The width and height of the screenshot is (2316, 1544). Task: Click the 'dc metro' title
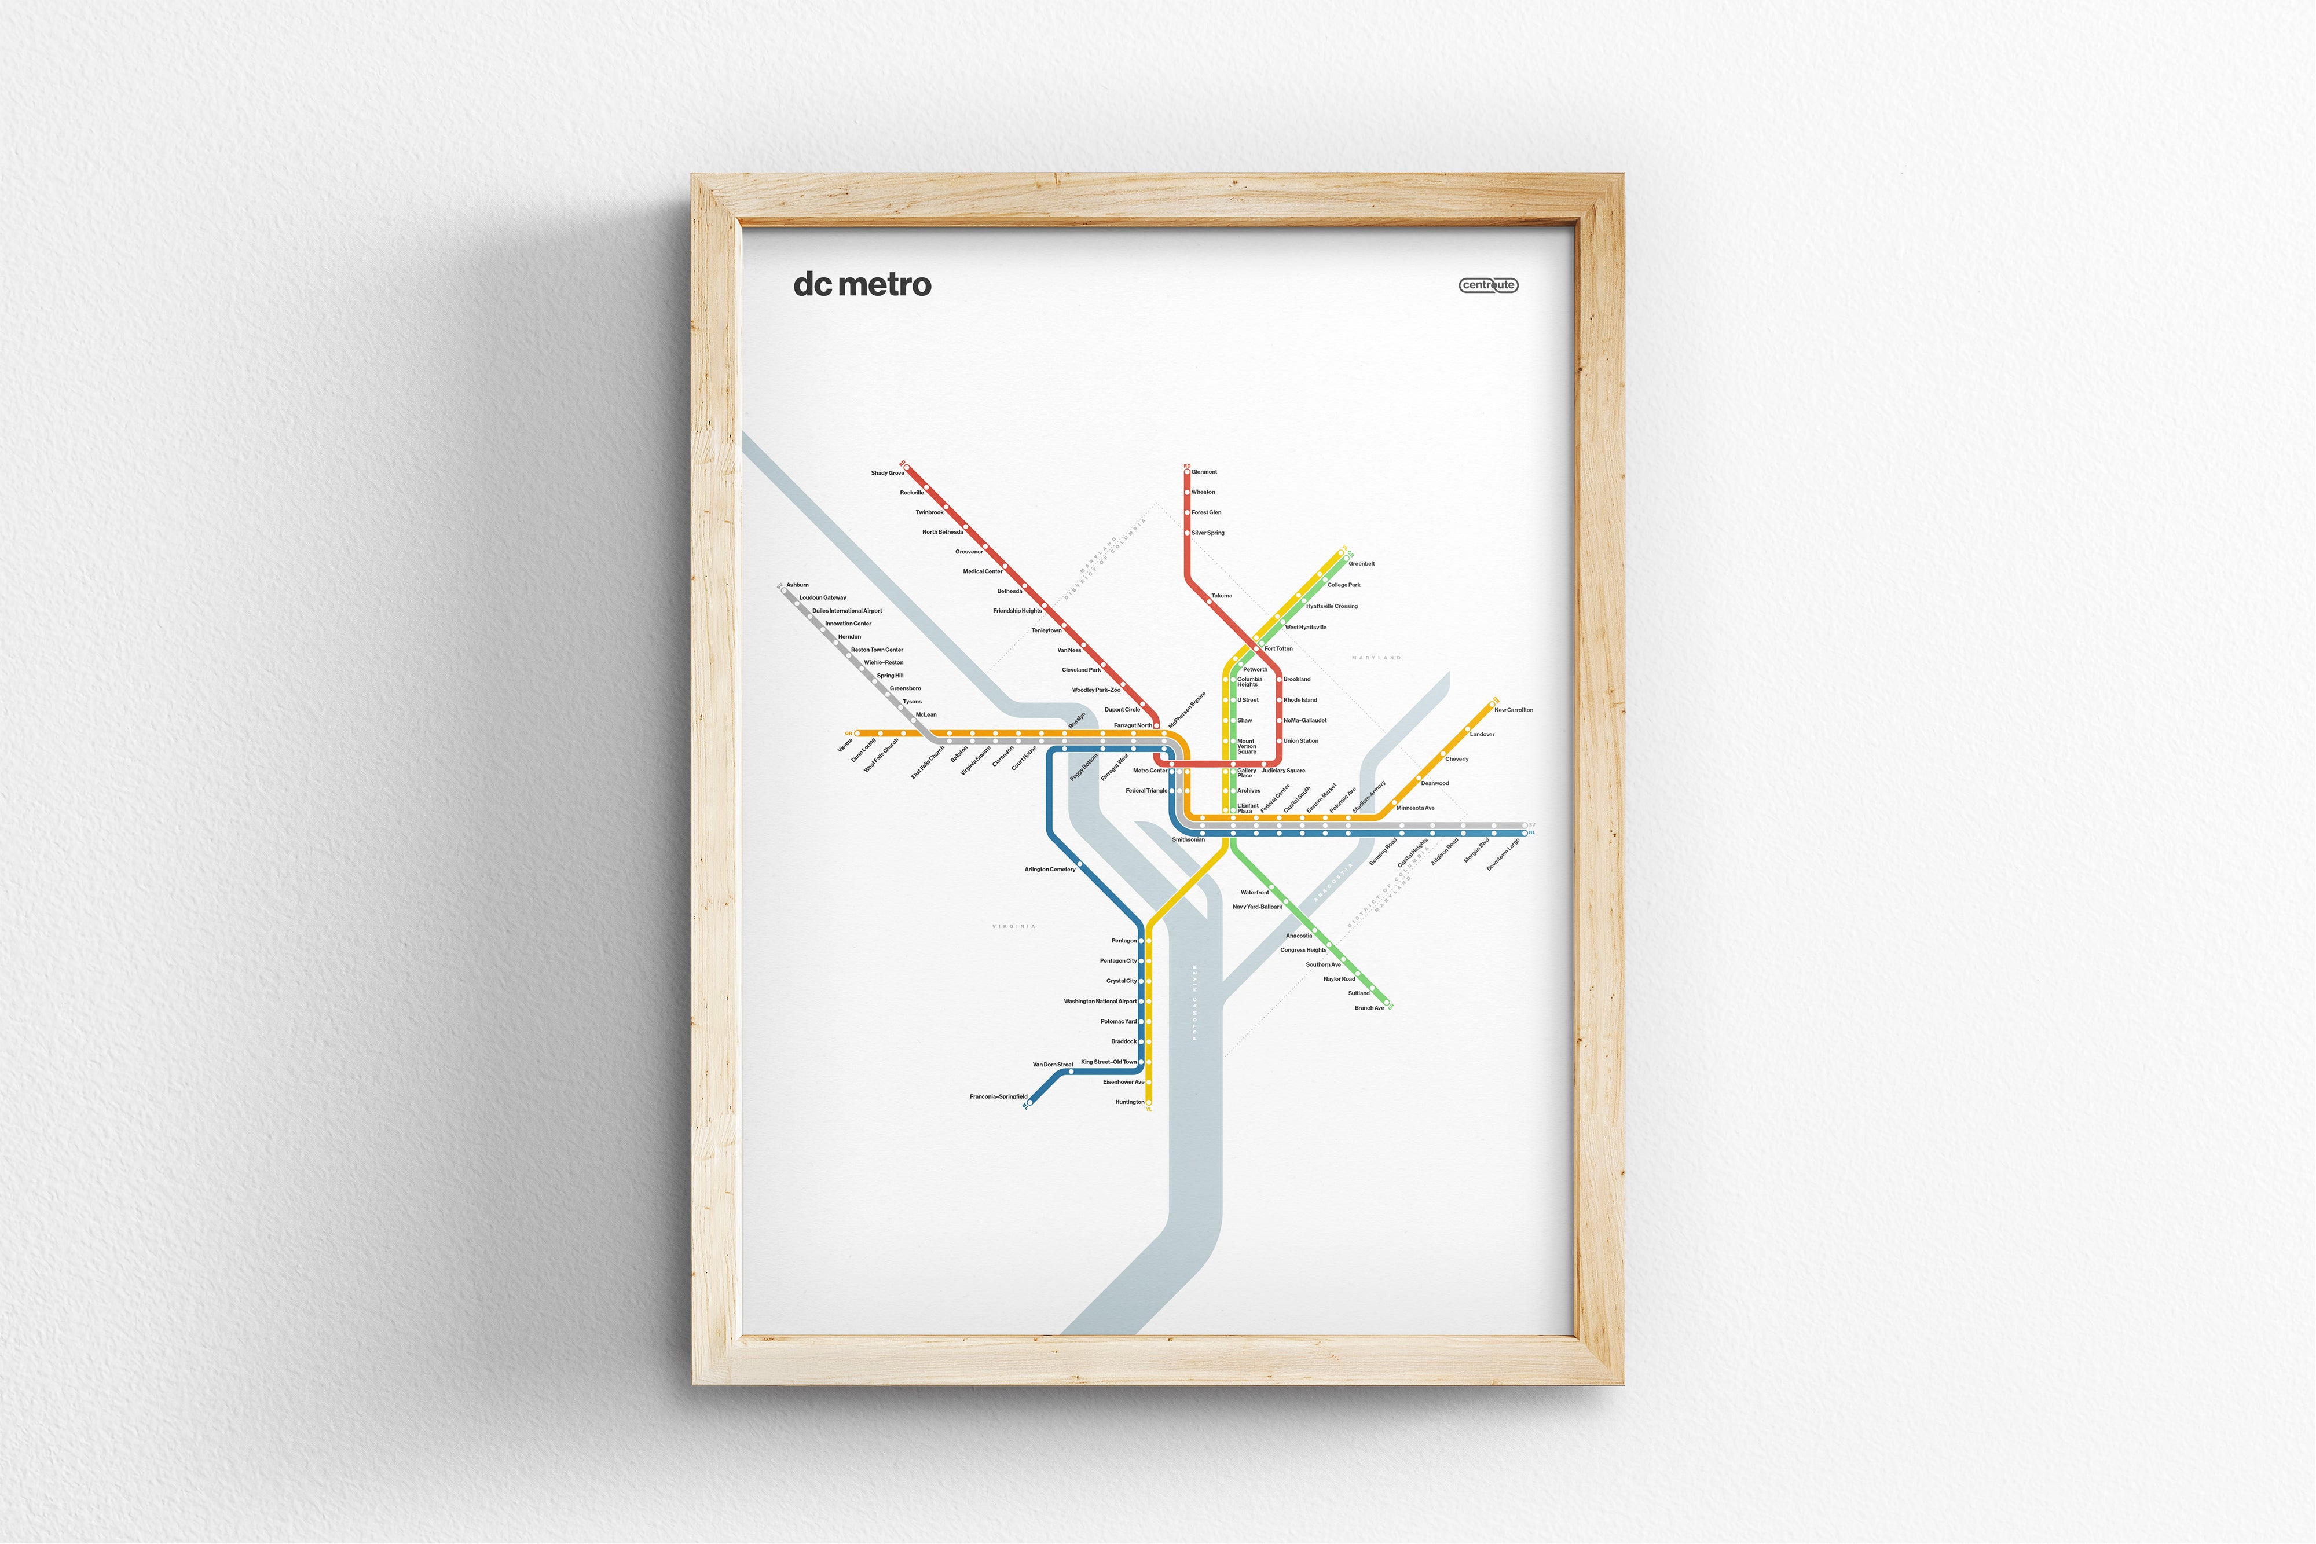tap(862, 285)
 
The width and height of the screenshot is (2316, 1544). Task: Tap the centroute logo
tap(1488, 285)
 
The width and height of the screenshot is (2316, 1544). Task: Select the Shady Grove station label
tap(886, 472)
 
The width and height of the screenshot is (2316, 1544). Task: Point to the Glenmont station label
tap(1204, 472)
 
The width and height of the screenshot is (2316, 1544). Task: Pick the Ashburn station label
tap(798, 585)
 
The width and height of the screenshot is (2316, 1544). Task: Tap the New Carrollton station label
tap(1514, 710)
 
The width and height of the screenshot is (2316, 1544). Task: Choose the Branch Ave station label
tap(1369, 1007)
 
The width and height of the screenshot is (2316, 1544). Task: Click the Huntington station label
tap(1130, 1102)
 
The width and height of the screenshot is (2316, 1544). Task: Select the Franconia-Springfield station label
tap(998, 1096)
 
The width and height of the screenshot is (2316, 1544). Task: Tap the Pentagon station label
tap(1123, 940)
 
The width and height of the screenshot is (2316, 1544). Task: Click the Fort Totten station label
tap(1278, 649)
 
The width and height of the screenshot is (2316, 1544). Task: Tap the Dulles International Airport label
tap(847, 611)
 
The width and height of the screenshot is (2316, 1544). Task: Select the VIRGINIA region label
tap(1013, 927)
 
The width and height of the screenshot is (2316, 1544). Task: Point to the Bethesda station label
tap(1009, 591)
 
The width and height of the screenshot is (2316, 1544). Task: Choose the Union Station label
tap(1301, 740)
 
